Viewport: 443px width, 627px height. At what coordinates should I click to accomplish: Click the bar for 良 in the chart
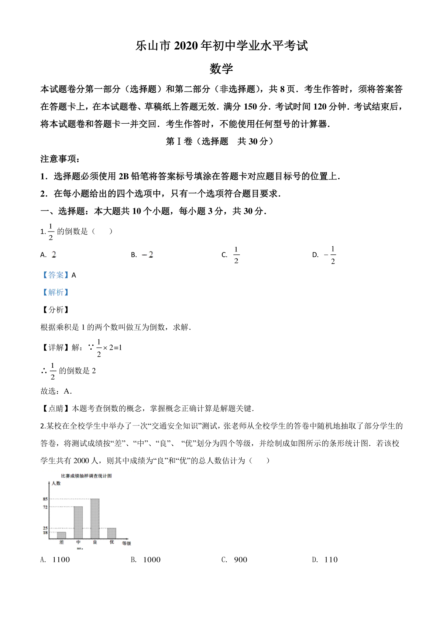click(95, 518)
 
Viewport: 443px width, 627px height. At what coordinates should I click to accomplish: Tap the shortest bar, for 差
click(61, 535)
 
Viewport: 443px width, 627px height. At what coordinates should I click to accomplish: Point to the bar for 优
click(111, 533)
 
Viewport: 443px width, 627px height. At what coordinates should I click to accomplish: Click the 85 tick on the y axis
click(45, 499)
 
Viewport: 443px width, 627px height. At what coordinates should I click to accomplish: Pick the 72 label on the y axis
click(45, 507)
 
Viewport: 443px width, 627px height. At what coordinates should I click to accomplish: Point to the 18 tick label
click(45, 532)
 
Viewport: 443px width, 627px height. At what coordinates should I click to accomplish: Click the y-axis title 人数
click(56, 483)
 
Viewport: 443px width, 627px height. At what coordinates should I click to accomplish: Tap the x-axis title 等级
click(127, 543)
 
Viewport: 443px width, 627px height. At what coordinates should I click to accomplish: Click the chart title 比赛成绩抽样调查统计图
click(86, 476)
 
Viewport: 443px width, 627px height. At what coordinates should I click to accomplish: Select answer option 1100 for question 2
click(61, 560)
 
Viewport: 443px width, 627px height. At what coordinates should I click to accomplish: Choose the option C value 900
click(240, 560)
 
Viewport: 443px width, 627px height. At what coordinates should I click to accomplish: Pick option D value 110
click(331, 560)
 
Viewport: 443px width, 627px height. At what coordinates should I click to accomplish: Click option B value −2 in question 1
click(147, 254)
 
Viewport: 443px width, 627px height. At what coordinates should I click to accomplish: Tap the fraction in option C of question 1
click(236, 255)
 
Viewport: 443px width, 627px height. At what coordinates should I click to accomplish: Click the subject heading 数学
click(221, 69)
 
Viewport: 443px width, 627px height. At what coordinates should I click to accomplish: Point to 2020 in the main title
click(186, 46)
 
